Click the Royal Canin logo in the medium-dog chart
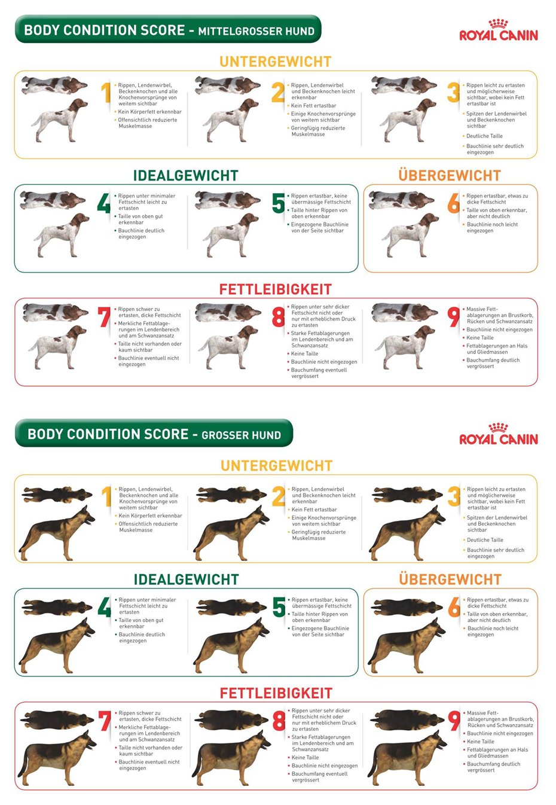tap(499, 30)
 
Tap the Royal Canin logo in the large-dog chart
tap(499, 434)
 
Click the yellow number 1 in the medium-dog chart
tap(106, 92)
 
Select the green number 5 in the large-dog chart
tap(279, 607)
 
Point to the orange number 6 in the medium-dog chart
tap(454, 203)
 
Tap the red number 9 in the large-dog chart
tap(454, 721)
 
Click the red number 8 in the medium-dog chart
tap(279, 316)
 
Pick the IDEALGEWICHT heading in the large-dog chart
tap(186, 580)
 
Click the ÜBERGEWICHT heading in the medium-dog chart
tap(450, 175)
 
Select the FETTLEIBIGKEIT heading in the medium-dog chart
tap(276, 289)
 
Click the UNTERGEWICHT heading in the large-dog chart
tap(276, 466)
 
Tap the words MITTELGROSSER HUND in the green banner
tap(256, 31)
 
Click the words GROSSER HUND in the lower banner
tap(242, 435)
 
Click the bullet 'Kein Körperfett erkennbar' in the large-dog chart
tap(148, 516)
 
